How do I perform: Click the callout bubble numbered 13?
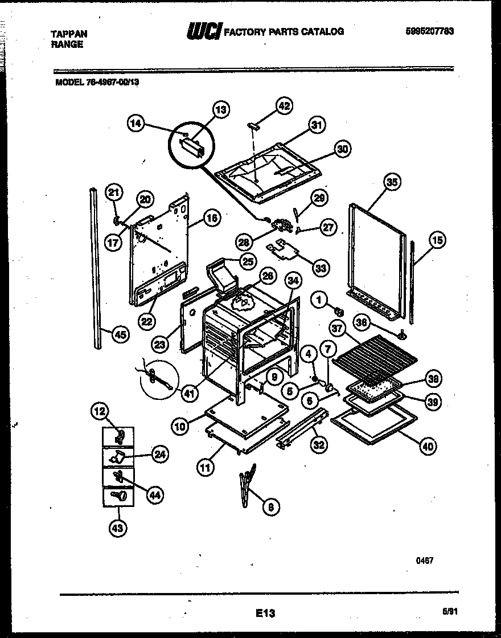[x=220, y=109]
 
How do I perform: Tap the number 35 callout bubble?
[x=392, y=182]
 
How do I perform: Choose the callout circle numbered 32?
[x=318, y=445]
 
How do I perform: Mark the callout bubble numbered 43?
[x=117, y=528]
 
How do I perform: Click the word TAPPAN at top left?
[x=69, y=34]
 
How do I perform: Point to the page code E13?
[x=265, y=613]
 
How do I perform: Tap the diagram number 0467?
[x=425, y=561]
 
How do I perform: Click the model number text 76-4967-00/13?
[x=97, y=81]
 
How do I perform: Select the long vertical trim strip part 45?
[x=95, y=268]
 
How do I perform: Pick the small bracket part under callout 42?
[x=253, y=126]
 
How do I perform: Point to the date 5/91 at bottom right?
[x=450, y=611]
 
